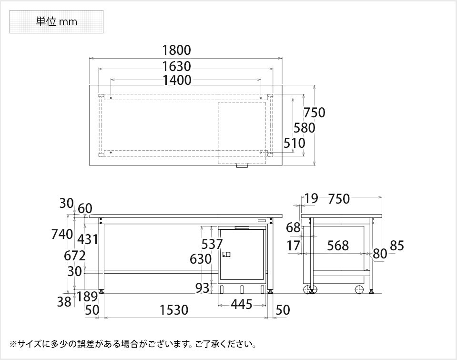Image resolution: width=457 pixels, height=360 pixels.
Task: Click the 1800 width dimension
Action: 176,50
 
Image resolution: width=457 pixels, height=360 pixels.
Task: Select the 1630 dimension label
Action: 176,66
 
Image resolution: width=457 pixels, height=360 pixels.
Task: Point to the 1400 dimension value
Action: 176,80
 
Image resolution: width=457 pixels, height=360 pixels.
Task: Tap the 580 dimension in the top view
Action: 305,128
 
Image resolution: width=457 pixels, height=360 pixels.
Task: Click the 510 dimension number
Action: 294,143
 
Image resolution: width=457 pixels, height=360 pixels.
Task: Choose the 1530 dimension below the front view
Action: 174,310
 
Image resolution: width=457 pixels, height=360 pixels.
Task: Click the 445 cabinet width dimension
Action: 241,304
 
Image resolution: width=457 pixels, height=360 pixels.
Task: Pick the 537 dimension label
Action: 212,244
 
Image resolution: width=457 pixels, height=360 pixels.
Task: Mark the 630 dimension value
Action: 200,259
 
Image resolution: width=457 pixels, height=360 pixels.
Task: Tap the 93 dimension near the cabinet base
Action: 202,288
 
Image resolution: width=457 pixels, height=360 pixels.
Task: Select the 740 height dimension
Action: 62,234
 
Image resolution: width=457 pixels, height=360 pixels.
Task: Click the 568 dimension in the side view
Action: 338,246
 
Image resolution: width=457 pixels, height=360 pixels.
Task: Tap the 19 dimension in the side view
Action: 311,198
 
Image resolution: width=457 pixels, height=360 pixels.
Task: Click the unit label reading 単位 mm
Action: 56,21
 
